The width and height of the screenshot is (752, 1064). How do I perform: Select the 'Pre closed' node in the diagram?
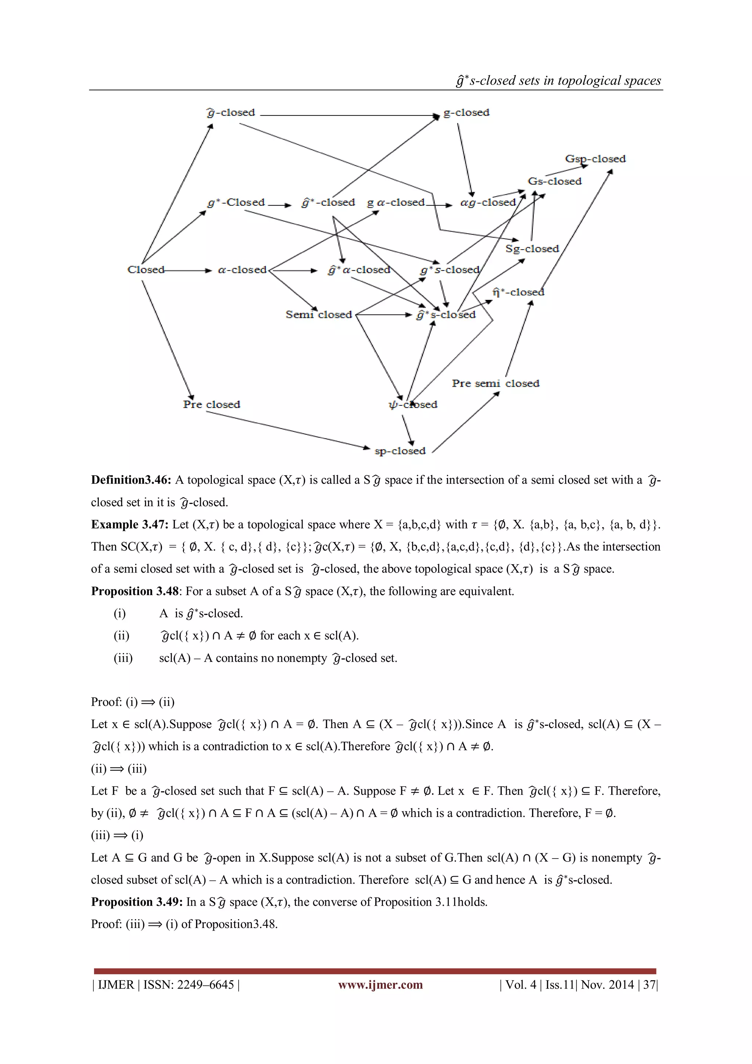(211, 405)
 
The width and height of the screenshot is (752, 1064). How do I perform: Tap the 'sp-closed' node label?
(399, 451)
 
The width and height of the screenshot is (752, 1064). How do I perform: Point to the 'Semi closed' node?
(319, 315)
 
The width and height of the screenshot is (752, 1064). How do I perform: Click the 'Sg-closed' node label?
(532, 249)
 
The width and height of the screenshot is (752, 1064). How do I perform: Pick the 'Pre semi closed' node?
(495, 384)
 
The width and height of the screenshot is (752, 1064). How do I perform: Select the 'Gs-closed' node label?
(554, 181)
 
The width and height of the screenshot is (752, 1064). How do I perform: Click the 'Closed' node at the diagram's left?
(145, 270)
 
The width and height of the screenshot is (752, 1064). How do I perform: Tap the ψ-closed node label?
(413, 405)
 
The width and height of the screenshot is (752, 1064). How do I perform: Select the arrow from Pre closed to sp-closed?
(287, 430)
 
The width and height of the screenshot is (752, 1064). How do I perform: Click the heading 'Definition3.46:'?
(131, 480)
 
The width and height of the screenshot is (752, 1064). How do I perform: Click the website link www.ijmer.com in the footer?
(380, 985)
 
